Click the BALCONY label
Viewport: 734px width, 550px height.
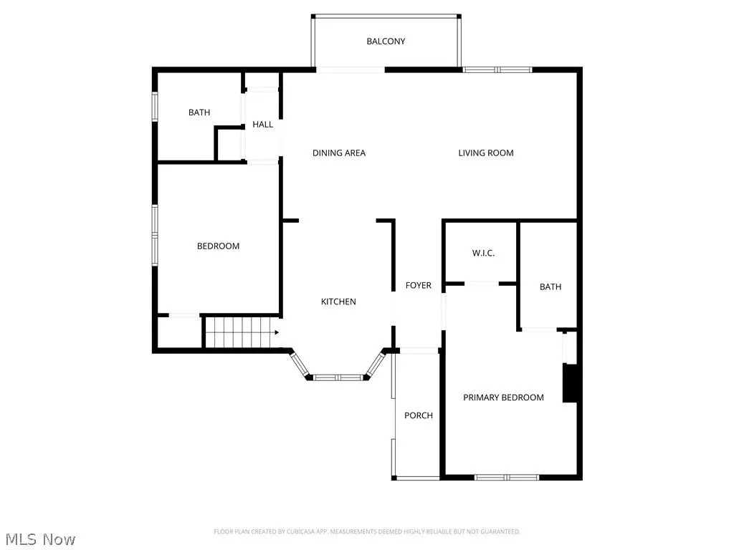[386, 41]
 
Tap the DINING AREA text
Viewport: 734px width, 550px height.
[339, 153]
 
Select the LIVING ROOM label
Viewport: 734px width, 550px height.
[486, 153]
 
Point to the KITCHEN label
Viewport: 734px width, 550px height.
[338, 301]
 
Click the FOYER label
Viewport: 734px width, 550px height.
[419, 285]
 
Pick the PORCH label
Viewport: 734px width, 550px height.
[419, 415]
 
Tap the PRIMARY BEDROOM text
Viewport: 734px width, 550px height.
[504, 397]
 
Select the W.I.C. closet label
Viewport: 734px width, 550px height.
[483, 253]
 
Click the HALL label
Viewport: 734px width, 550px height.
[262, 125]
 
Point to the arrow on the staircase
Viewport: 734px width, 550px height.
[277, 332]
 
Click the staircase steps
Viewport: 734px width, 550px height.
[242, 332]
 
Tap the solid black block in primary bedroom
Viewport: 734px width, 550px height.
[570, 383]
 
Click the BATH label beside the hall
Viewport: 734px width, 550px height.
[199, 112]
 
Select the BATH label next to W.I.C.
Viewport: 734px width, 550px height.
[550, 286]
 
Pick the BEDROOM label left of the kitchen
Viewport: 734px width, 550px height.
[218, 246]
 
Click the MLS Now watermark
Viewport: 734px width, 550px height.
[40, 539]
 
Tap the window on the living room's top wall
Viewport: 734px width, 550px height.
[497, 69]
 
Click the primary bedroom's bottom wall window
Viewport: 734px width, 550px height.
[507, 478]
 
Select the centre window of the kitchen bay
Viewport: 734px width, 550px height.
[338, 377]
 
